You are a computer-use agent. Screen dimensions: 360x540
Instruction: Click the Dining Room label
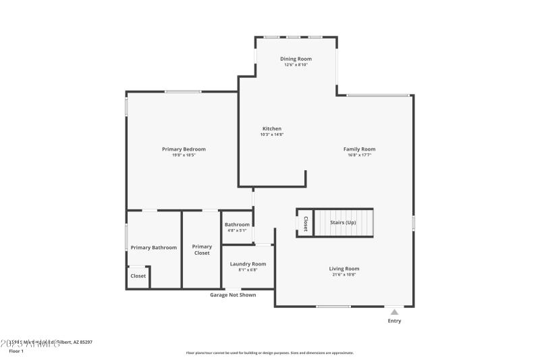click(x=296, y=59)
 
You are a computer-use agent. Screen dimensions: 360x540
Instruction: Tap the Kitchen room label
click(x=272, y=128)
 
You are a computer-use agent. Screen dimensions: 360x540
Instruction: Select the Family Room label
click(x=359, y=149)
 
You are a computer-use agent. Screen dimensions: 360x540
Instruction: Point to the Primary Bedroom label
click(x=184, y=149)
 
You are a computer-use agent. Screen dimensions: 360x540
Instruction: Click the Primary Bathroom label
click(x=153, y=247)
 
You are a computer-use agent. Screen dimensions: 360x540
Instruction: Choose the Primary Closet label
click(x=202, y=250)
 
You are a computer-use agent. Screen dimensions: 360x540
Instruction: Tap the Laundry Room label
click(x=248, y=263)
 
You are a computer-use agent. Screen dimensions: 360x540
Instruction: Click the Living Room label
click(x=344, y=268)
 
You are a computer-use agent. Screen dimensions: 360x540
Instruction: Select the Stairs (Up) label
click(x=343, y=222)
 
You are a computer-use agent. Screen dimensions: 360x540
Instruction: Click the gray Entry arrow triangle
click(x=394, y=312)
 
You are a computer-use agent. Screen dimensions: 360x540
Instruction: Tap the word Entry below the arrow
click(x=394, y=321)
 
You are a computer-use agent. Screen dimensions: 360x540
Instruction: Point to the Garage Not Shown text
click(x=233, y=294)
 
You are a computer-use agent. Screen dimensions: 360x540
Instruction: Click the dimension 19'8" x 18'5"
click(x=184, y=155)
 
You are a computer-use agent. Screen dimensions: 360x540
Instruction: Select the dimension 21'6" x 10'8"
click(x=344, y=275)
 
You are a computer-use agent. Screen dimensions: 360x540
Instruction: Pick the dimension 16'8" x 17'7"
click(x=359, y=155)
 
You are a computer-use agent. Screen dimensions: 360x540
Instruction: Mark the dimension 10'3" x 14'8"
click(x=272, y=134)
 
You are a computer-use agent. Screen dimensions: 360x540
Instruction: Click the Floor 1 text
click(x=16, y=351)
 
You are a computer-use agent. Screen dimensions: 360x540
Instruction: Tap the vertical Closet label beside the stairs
click(x=305, y=224)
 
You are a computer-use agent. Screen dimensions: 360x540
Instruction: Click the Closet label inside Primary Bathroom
click(x=138, y=276)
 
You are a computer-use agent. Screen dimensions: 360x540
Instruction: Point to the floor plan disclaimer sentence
click(x=270, y=353)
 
